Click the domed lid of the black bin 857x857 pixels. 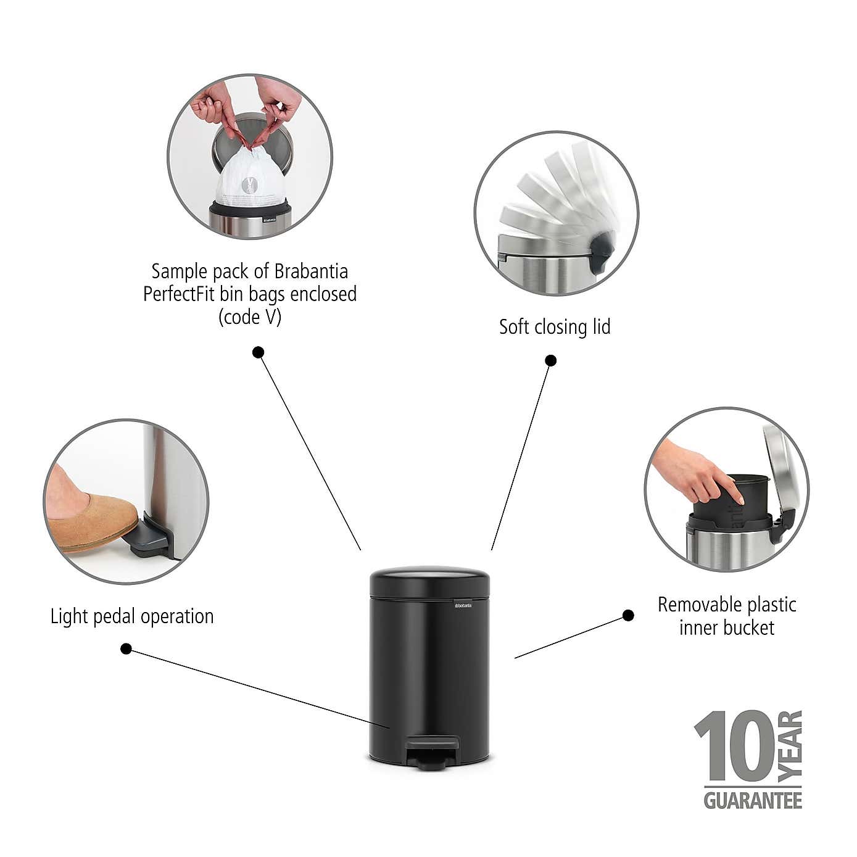pyautogui.click(x=429, y=581)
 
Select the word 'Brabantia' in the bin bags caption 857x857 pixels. pyautogui.click(x=311, y=271)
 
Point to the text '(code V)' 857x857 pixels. pyautogui.click(x=250, y=317)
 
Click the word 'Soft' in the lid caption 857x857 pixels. pyautogui.click(x=514, y=326)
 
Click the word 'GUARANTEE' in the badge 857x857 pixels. pyautogui.click(x=753, y=801)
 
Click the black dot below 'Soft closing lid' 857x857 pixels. pyautogui.click(x=551, y=360)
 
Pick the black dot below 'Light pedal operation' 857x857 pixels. pyautogui.click(x=126, y=648)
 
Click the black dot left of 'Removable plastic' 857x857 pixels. pyautogui.click(x=628, y=615)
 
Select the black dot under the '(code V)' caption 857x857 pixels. pyautogui.click(x=259, y=352)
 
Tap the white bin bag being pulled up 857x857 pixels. pyautogui.click(x=250, y=179)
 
